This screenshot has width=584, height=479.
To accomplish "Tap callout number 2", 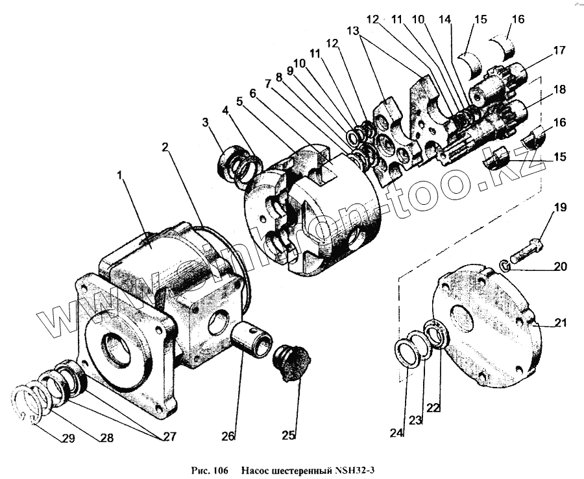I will [166, 148].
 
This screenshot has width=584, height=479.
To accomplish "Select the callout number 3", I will [206, 123].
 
